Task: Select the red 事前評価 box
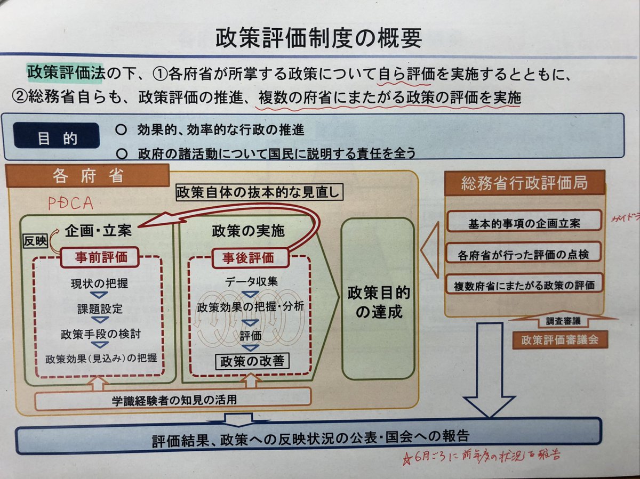[x=100, y=257]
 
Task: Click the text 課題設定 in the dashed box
[x=99, y=309]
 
